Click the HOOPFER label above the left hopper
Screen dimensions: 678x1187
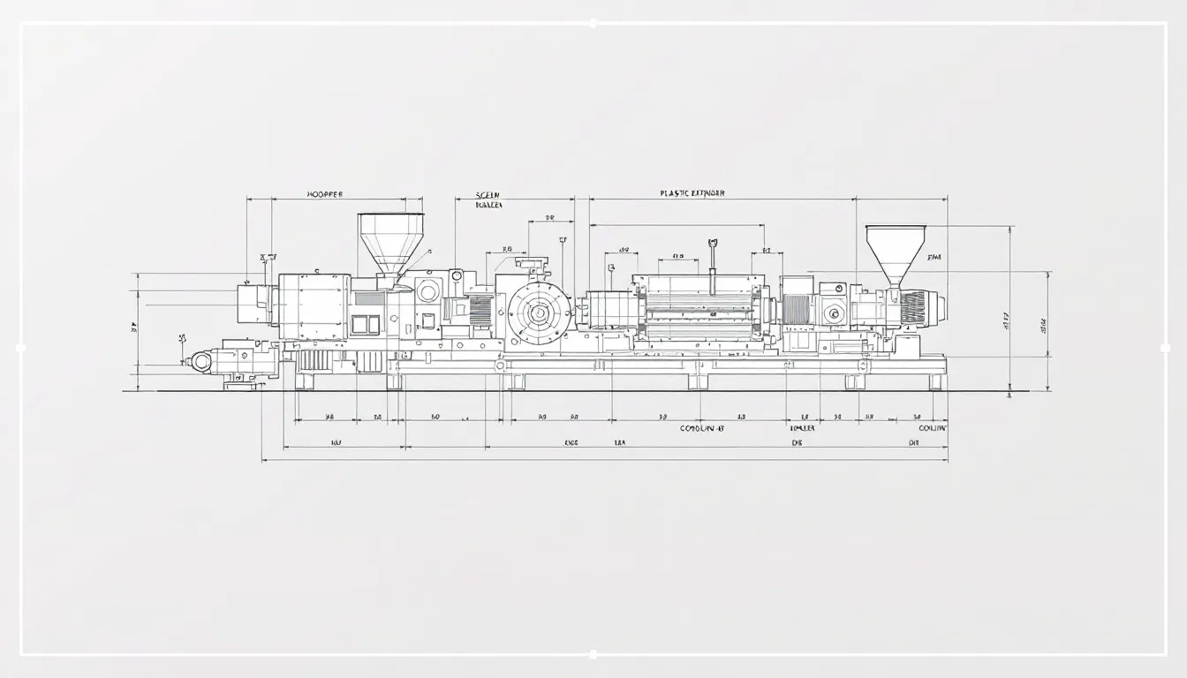(324, 194)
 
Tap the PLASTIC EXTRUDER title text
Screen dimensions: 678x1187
(692, 193)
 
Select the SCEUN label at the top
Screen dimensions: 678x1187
(488, 194)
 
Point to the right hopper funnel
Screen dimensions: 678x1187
(896, 249)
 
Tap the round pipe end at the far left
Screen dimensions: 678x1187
(201, 360)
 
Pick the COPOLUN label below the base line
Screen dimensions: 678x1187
(701, 427)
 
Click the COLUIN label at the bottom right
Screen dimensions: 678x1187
(932, 427)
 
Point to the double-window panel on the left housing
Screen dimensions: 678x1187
(366, 324)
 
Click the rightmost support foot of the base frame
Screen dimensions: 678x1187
(934, 381)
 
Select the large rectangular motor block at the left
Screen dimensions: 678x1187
(314, 306)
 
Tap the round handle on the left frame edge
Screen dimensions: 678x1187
(20, 347)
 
